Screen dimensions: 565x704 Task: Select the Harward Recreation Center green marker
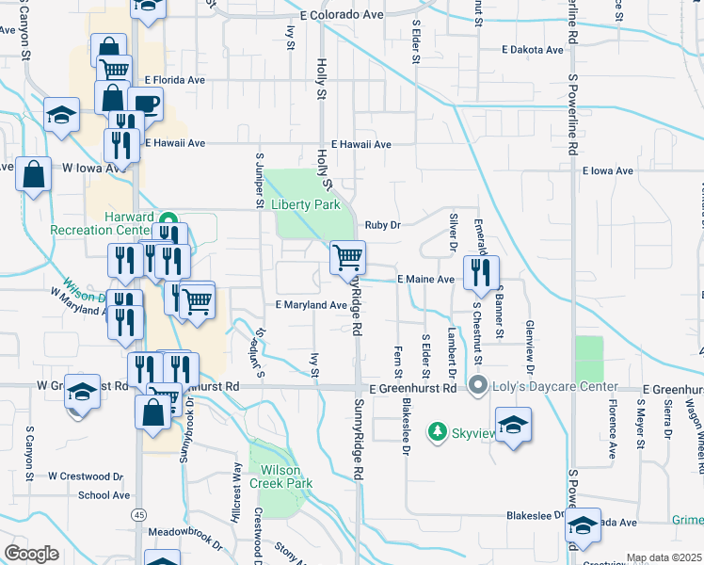[169, 216]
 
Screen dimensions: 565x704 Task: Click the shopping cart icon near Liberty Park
[348, 257]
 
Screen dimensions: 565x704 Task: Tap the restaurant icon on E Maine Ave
[481, 272]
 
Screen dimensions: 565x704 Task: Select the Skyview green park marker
[437, 431]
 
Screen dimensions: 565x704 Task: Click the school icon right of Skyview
[514, 425]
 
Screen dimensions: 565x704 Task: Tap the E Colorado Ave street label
[343, 16]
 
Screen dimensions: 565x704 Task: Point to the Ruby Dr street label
[382, 225]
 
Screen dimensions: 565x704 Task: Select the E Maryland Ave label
[312, 305]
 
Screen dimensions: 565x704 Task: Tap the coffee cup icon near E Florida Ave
[145, 103]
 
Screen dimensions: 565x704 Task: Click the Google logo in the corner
[32, 554]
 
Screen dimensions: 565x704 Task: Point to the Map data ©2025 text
[664, 557]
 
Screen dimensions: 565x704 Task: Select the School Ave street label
[104, 495]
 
